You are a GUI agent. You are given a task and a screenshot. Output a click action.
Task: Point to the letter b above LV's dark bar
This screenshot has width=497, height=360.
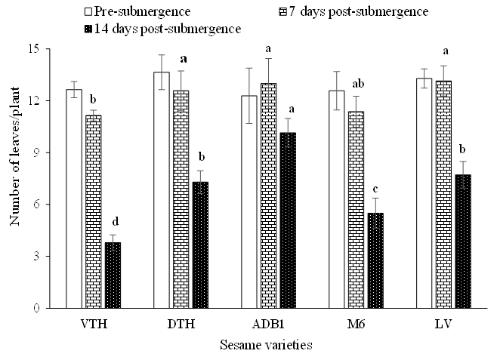coord(462,149)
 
